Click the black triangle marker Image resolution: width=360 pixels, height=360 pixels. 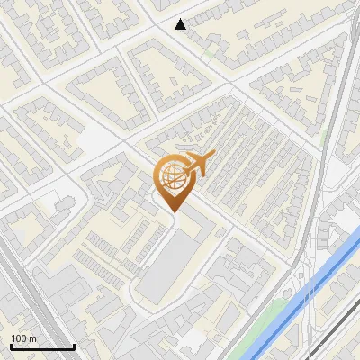point(181,24)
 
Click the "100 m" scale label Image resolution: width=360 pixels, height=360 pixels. point(23,338)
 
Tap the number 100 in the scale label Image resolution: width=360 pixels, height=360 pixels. point(19,338)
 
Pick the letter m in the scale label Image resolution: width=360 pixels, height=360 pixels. point(32,338)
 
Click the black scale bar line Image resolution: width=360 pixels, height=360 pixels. point(42,346)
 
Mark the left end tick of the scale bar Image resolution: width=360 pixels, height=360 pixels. point(11,345)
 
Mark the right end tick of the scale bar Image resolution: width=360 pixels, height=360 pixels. point(74,345)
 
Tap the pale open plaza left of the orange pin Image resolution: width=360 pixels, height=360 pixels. point(99,139)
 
